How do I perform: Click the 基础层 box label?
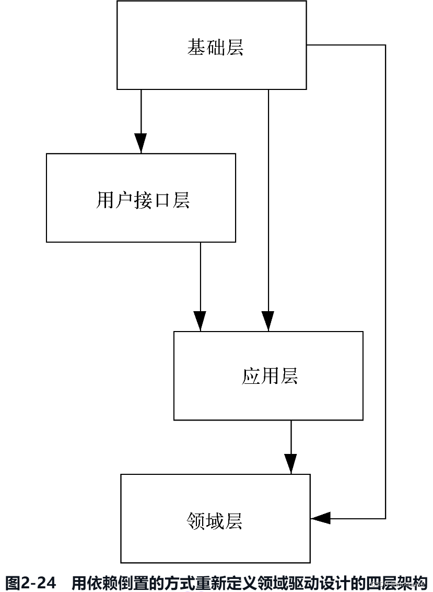point(215,48)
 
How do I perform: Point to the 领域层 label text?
point(215,521)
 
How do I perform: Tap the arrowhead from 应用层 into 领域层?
point(291,464)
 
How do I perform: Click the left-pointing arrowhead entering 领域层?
point(321,518)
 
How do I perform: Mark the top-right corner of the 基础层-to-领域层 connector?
point(385,45)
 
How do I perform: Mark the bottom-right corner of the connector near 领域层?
point(385,518)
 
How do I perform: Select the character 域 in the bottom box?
point(215,521)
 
